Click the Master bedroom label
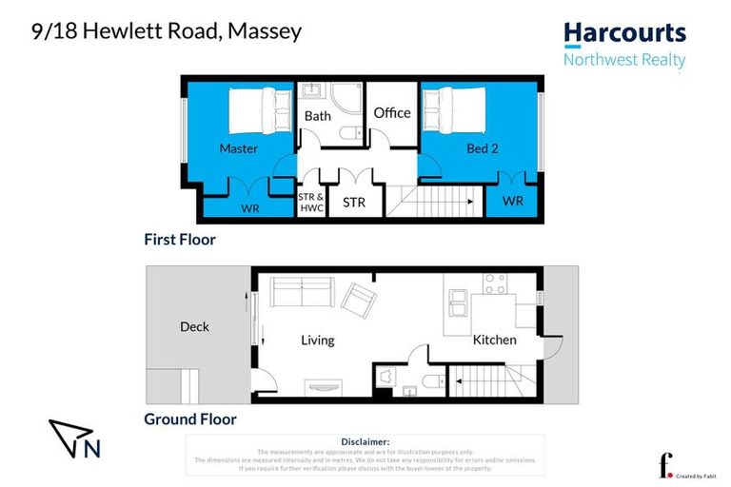pyautogui.click(x=238, y=148)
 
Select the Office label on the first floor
pyautogui.click(x=391, y=112)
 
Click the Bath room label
pyautogui.click(x=318, y=116)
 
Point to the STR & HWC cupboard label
pyautogui.click(x=311, y=203)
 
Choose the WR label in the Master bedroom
pyautogui.click(x=250, y=207)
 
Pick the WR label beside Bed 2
pyautogui.click(x=512, y=202)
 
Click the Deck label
pyautogui.click(x=194, y=327)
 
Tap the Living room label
pyautogui.click(x=317, y=341)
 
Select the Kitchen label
pyautogui.click(x=494, y=340)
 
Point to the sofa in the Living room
pyautogui.click(x=301, y=291)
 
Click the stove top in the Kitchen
pyautogui.click(x=494, y=282)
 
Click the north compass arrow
pyautogui.click(x=68, y=435)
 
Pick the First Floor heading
pyautogui.click(x=180, y=240)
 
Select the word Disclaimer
pyautogui.click(x=365, y=441)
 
